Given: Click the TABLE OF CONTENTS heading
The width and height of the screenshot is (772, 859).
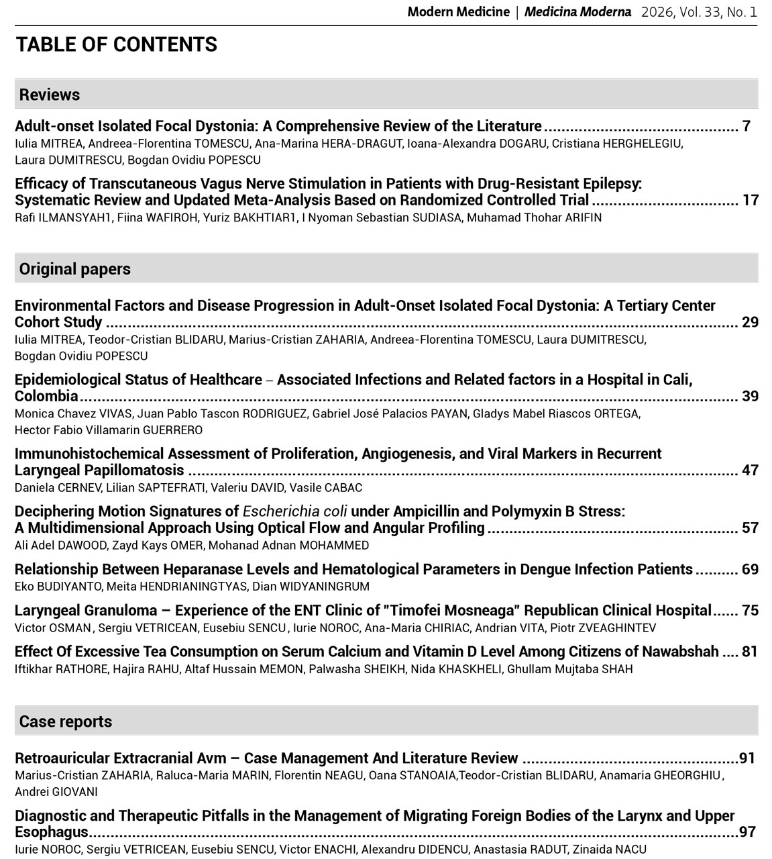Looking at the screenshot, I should coord(116,44).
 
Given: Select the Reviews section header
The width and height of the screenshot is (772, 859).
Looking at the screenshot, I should coord(50,95).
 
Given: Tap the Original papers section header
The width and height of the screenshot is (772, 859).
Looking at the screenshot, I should coord(74,269).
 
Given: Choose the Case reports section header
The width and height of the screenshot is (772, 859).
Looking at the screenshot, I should coord(65,721).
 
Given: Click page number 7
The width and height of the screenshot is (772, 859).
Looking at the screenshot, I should coord(746,126).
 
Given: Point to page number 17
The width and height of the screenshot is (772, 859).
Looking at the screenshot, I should coord(750,200).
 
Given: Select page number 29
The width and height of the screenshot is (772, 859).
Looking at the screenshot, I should coord(750,322).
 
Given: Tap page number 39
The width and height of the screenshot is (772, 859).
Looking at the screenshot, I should coord(750,396).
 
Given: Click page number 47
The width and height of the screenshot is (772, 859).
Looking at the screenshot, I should coord(750,470).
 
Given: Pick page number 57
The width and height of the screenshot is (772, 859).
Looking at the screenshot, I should coord(750,527).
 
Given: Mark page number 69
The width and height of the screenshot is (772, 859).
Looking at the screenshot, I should coord(750,569).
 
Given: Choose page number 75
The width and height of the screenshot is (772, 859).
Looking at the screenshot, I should coord(750,610).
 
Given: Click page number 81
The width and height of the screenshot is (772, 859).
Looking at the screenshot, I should coord(750,651).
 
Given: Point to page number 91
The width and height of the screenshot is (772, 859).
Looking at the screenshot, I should coord(747,758).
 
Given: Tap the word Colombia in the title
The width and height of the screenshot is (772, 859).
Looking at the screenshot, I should coord(46,396).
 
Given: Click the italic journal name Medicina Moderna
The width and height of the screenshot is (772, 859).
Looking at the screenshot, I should coord(577,12).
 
